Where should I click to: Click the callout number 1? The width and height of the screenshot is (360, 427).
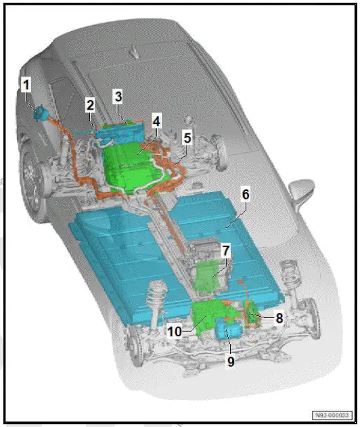(x=26, y=85)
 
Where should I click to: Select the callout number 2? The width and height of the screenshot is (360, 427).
(x=90, y=104)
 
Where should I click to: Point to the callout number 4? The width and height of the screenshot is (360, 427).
(x=156, y=122)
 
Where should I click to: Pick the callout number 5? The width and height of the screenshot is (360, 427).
(x=187, y=137)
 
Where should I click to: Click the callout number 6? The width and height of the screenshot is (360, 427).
(x=246, y=195)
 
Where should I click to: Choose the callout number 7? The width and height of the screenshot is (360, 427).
(x=226, y=250)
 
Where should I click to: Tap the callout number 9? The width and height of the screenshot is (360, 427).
(x=231, y=361)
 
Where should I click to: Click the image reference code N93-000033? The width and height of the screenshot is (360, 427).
(x=332, y=415)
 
